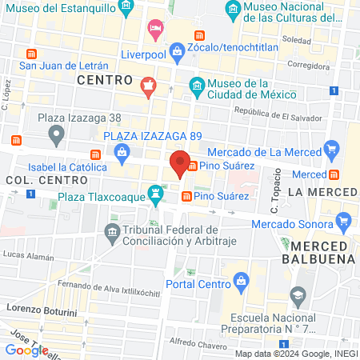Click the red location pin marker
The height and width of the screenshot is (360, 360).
pyautogui.click(x=180, y=164)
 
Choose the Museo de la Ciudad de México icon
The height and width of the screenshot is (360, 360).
pyautogui.click(x=195, y=85)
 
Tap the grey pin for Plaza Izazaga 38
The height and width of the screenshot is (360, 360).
pyautogui.click(x=55, y=137)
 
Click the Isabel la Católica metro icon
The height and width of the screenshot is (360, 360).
pyautogui.click(x=96, y=154)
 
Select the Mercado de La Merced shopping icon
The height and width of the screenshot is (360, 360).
pyautogui.click(x=331, y=148)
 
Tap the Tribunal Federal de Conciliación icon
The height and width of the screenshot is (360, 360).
pyautogui.click(x=112, y=234)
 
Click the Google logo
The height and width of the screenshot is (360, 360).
pyautogui.click(x=26, y=350)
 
